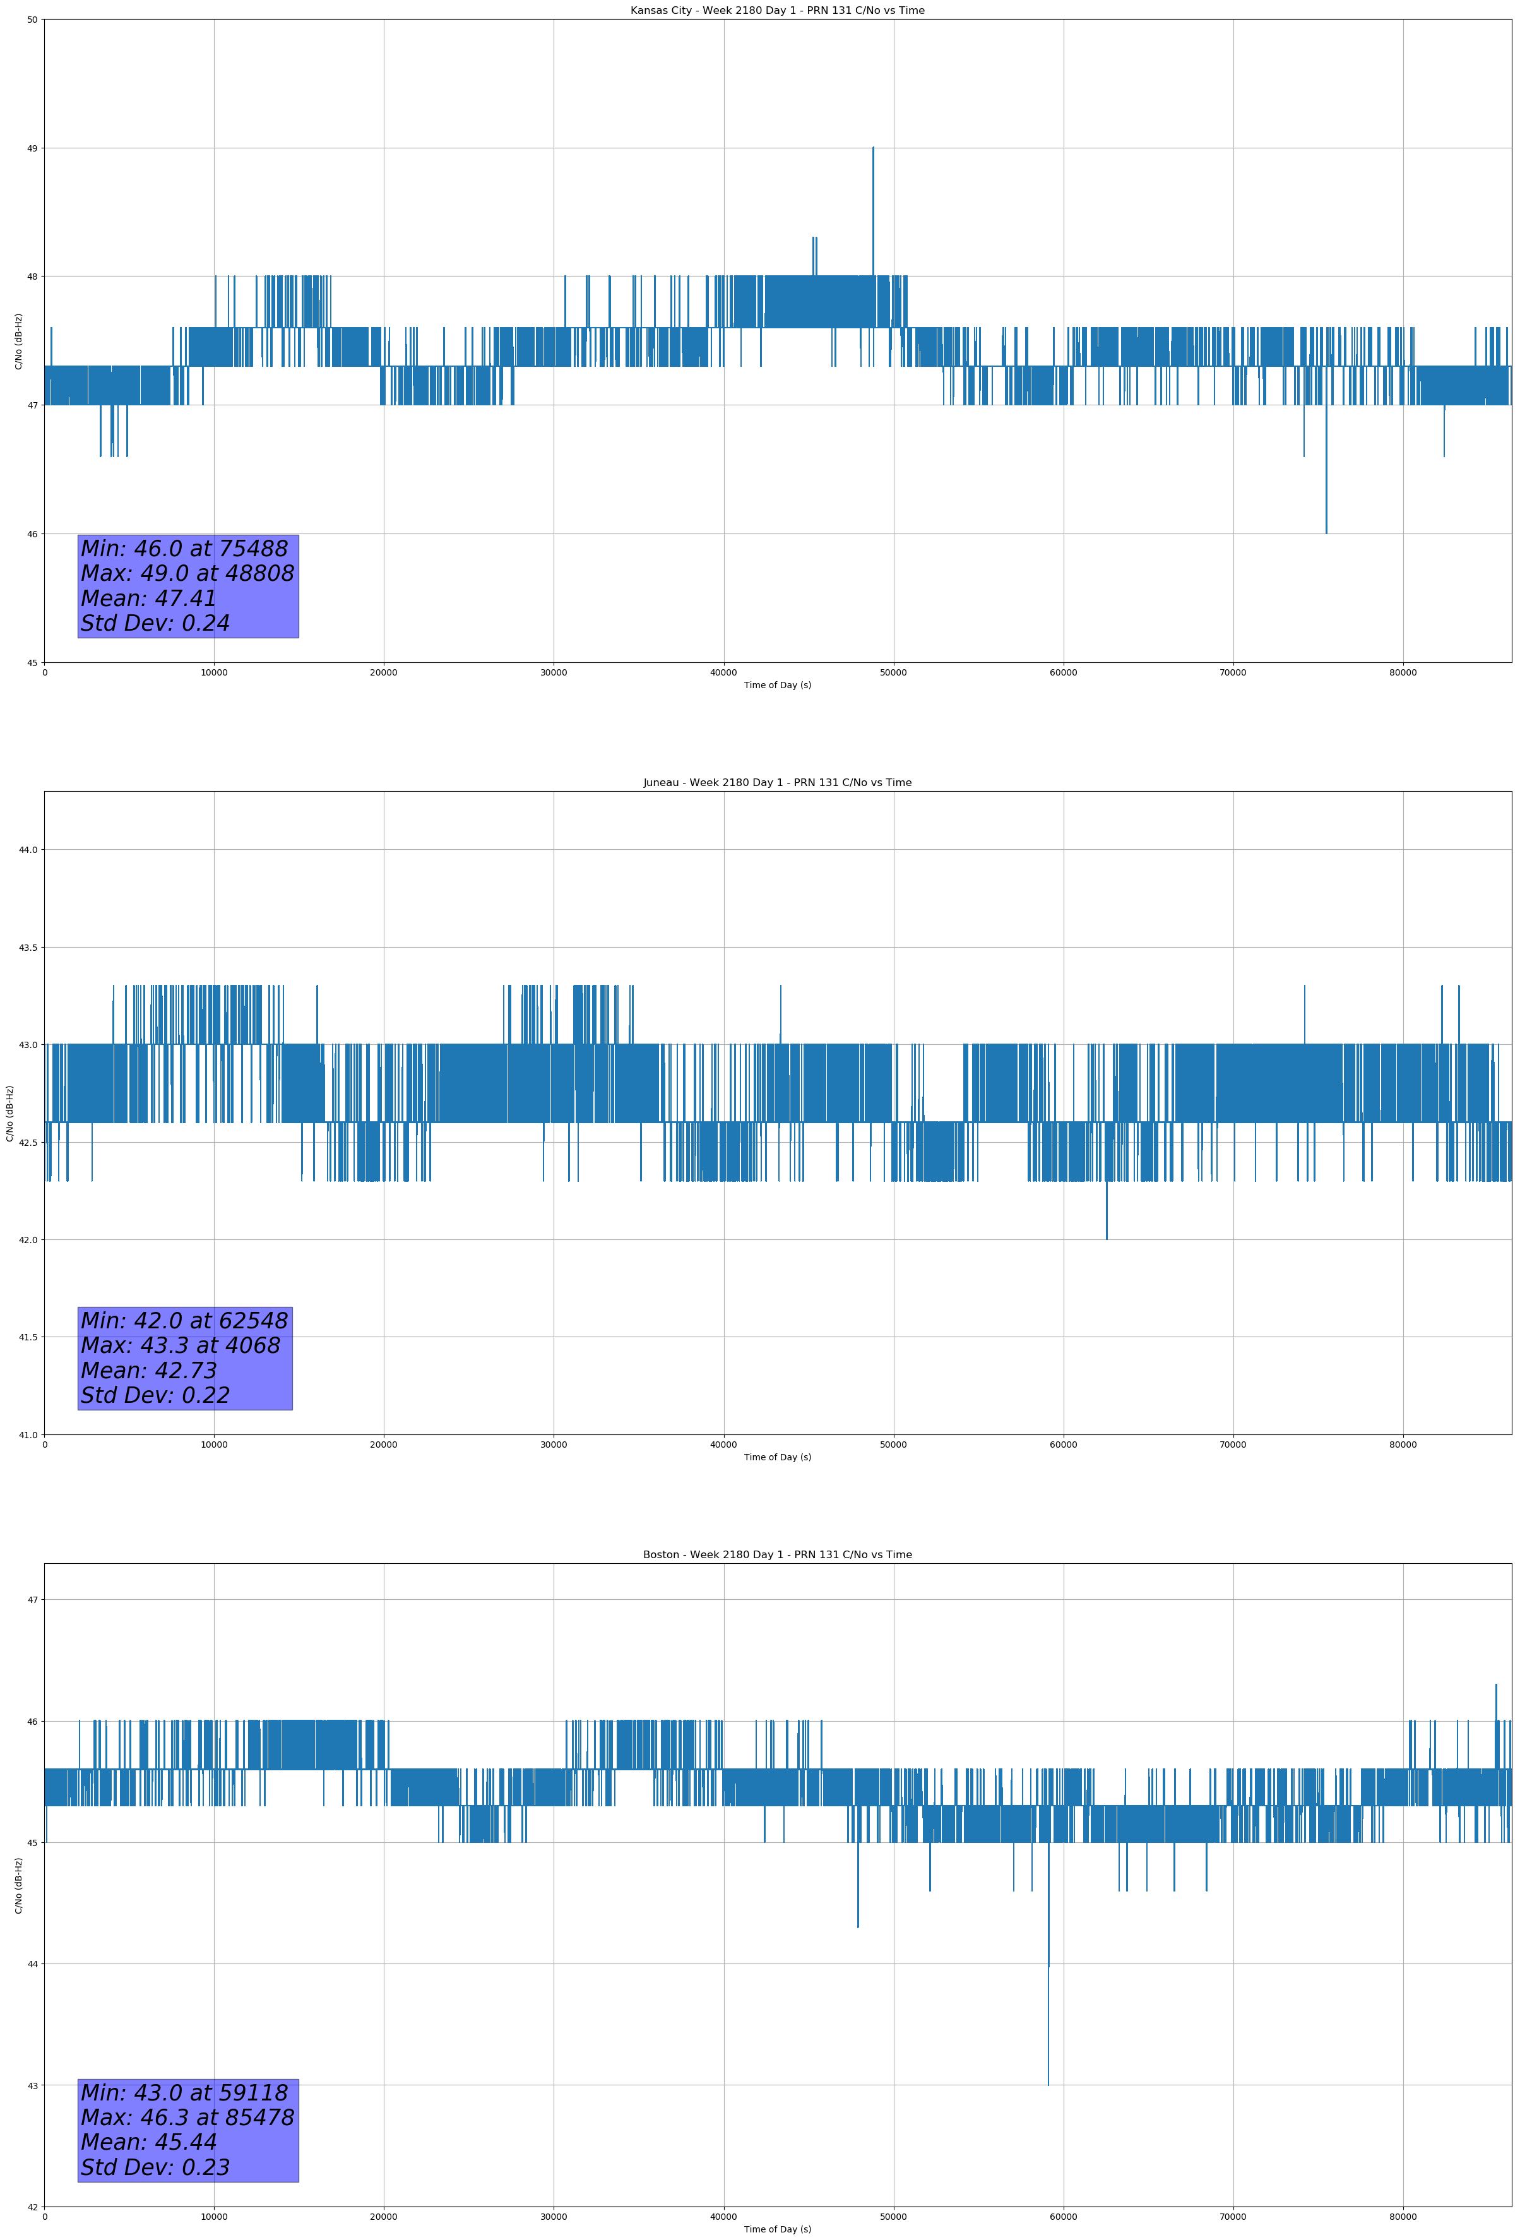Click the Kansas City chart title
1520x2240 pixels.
(x=777, y=11)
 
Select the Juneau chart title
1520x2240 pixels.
(x=777, y=783)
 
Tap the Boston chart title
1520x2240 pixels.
(x=777, y=1555)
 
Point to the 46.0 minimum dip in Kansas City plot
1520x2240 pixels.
(x=1326, y=530)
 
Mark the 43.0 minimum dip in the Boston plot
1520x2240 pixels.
(x=1048, y=2080)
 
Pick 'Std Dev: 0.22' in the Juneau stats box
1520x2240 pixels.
(x=155, y=1396)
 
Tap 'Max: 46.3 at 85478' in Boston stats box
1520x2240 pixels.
(x=187, y=2118)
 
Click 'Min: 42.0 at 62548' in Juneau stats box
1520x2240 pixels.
(x=184, y=1321)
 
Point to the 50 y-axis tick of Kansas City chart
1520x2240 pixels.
(x=32, y=20)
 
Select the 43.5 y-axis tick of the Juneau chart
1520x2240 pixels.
(x=27, y=948)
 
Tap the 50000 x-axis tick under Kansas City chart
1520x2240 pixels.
(x=893, y=673)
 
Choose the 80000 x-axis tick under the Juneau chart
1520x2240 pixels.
(x=1403, y=1445)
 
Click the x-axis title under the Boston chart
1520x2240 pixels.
(x=777, y=2229)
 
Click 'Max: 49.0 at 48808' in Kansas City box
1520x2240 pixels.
(x=187, y=573)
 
